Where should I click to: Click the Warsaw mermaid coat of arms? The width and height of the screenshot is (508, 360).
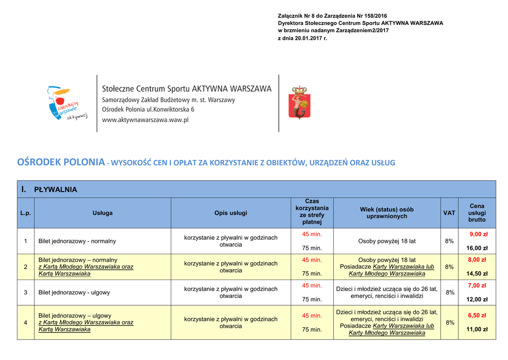299,103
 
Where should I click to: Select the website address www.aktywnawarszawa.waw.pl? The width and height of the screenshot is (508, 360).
145,120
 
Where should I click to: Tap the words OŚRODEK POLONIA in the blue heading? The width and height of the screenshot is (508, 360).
61,163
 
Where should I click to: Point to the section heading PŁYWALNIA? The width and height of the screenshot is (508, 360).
55,190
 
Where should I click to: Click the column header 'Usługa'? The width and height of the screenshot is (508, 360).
103,213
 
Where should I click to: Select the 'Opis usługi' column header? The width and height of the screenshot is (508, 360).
231,213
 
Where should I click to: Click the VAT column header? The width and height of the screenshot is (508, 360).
449,213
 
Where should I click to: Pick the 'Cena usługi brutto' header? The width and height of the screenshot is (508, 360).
477,213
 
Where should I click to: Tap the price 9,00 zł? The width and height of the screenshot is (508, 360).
478,234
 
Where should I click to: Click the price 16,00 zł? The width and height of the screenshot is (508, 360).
477,248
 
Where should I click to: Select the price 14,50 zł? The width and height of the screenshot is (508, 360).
477,274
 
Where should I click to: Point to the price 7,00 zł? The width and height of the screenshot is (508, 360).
478,286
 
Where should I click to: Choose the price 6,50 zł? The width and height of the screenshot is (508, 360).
478,315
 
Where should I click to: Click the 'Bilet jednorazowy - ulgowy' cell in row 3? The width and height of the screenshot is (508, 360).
74,292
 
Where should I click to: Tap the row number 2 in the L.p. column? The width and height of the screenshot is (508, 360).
26,267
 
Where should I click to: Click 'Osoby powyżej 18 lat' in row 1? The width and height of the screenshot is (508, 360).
387,241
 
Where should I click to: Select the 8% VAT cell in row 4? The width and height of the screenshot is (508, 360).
449,322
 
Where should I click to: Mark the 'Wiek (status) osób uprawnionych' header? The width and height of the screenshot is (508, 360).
387,213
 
